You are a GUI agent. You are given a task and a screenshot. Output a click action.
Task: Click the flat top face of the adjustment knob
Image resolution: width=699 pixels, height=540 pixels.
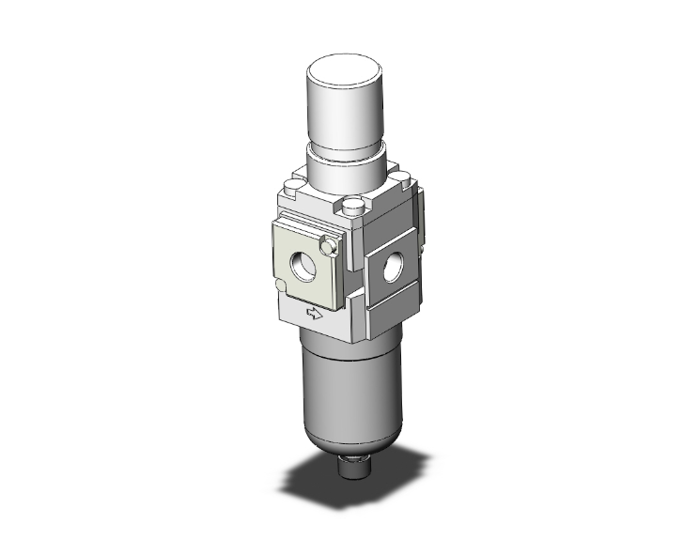345,65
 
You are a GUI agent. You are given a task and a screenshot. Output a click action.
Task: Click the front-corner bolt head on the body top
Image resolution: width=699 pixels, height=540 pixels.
353,207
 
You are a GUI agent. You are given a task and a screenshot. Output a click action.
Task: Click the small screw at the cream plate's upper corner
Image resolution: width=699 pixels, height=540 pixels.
328,246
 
